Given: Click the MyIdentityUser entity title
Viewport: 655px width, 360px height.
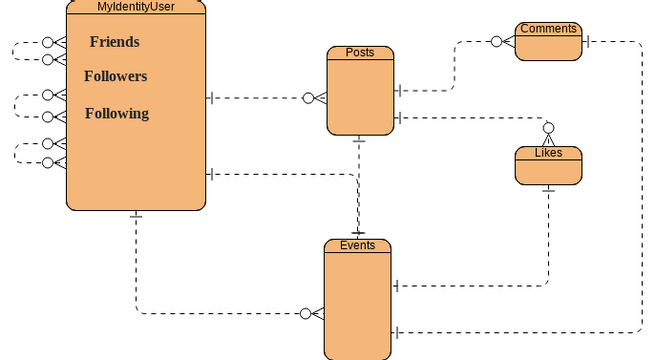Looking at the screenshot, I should (x=136, y=7).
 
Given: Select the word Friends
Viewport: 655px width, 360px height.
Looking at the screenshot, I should (x=114, y=42).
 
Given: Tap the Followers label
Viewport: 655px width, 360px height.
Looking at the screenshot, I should (x=115, y=76).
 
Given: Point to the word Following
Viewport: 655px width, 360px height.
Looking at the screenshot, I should (x=116, y=114).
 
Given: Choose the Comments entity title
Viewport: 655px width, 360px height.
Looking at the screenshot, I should (x=548, y=29).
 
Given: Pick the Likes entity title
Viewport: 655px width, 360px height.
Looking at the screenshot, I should (x=548, y=153).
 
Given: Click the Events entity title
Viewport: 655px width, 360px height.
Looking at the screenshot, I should (x=357, y=245).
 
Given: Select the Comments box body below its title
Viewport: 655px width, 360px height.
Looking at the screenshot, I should (x=548, y=48).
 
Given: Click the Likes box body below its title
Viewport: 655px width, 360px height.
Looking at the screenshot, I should (x=548, y=171).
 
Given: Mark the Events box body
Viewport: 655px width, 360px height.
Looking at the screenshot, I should (x=357, y=305).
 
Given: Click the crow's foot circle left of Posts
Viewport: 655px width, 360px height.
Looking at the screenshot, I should (x=309, y=98).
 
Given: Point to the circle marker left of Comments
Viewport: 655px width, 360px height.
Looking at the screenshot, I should (x=496, y=42).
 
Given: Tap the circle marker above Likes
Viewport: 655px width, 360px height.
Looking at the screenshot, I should (x=547, y=128).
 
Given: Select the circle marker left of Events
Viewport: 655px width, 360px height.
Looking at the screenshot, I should (x=306, y=314).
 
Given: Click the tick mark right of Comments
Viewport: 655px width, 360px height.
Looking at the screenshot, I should (x=587, y=41).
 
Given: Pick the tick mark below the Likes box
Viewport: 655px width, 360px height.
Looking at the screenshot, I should (x=548, y=190).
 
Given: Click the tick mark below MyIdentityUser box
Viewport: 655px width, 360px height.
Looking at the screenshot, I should (x=136, y=216).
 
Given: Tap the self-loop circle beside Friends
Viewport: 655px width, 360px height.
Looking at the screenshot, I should (x=47, y=44).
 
